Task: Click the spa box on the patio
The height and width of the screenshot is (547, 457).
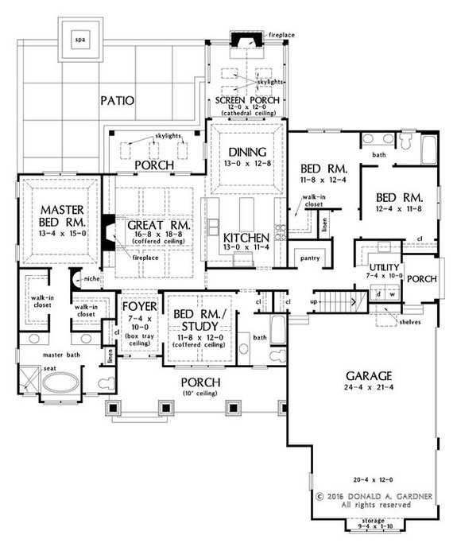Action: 79,41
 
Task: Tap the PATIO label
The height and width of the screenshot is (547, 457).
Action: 117,101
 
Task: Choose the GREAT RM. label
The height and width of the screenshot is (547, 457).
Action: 158,226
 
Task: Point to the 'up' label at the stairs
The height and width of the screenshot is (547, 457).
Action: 315,303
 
